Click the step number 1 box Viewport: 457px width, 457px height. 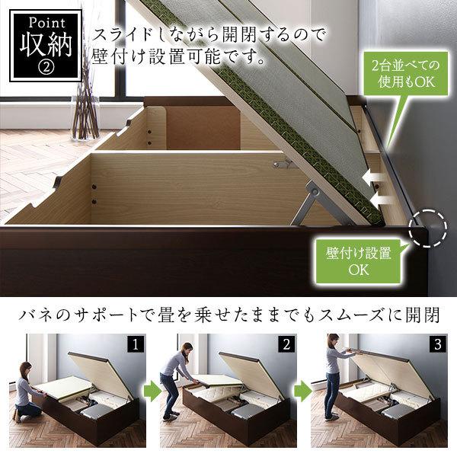[135, 344]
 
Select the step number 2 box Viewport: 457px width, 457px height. [287, 344]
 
